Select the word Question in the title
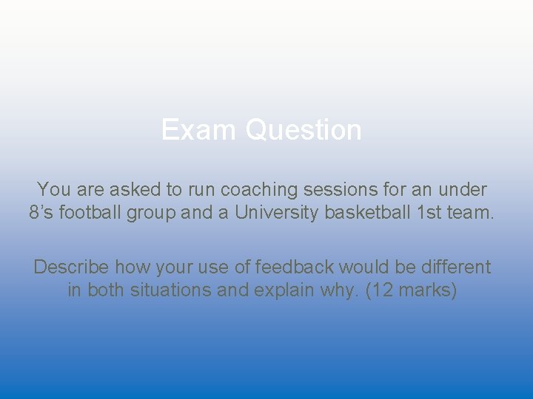point(304,130)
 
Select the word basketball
point(372,213)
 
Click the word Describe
point(71,267)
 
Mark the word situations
point(171,290)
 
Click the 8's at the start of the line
point(41,213)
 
